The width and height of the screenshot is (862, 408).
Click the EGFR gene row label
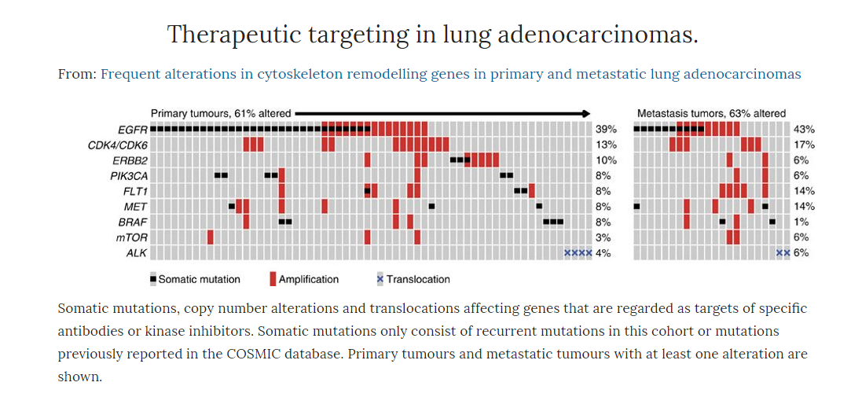[134, 129]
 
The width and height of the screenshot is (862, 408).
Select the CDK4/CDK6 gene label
[117, 145]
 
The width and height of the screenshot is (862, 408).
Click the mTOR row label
[132, 237]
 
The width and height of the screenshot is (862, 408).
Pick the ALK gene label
[137, 253]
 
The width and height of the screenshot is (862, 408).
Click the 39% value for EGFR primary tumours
[606, 129]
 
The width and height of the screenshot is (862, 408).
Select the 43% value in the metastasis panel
[804, 129]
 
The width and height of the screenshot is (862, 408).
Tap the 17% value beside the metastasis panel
[804, 145]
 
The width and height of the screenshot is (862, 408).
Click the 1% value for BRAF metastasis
[801, 222]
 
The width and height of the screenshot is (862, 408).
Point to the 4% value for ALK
[603, 253]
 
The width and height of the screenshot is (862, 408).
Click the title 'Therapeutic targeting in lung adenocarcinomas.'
[432, 35]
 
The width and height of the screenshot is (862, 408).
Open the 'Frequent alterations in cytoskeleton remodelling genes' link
[451, 75]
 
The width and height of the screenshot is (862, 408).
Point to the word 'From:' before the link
[77, 75]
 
